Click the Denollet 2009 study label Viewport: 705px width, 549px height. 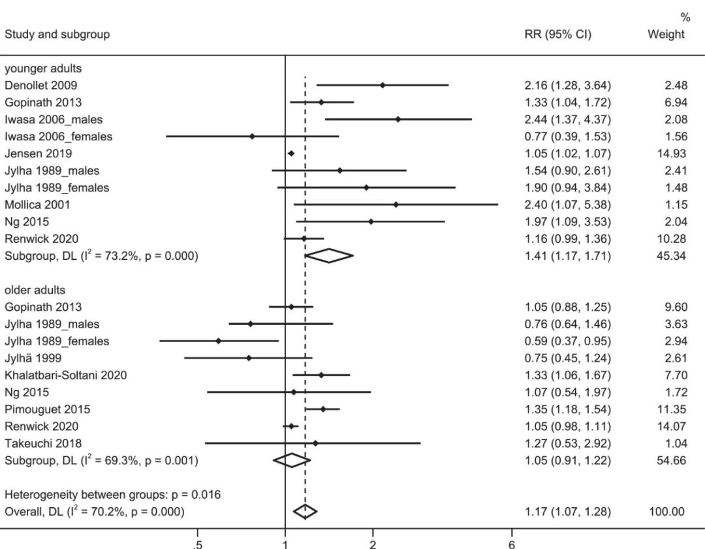click(40, 85)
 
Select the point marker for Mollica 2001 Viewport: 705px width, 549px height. click(396, 204)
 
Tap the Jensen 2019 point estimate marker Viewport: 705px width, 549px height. click(291, 153)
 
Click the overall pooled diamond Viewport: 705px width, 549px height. click(305, 512)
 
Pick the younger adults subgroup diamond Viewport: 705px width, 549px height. click(329, 256)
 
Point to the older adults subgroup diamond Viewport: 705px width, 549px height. click(292, 460)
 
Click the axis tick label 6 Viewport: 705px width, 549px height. click(512, 545)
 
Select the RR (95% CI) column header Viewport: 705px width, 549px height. click(558, 35)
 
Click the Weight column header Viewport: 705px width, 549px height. click(666, 35)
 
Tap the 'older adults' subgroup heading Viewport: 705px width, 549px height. click(35, 290)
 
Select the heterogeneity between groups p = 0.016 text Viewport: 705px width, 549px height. click(112, 495)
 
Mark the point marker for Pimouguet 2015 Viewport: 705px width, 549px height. click(323, 409)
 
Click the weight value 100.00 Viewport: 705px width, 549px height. click(667, 512)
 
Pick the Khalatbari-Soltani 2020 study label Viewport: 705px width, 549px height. click(65, 375)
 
